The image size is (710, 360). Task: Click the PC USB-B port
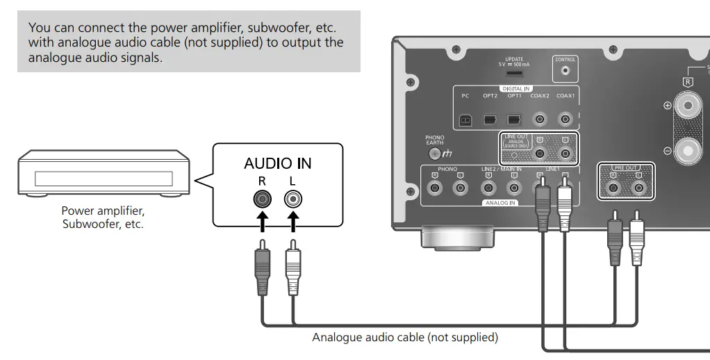click(465, 119)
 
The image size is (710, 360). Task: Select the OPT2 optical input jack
click(490, 119)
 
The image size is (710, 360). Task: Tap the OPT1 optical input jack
click(514, 119)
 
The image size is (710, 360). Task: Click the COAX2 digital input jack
click(539, 119)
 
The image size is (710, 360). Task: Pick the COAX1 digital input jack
click(565, 119)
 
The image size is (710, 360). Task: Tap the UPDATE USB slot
click(515, 73)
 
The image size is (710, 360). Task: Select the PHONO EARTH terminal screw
click(436, 152)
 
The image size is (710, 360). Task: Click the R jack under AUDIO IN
click(263, 200)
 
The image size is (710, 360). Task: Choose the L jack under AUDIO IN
click(293, 200)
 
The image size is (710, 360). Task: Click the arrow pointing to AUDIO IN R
click(263, 224)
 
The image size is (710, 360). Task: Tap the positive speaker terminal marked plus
click(688, 106)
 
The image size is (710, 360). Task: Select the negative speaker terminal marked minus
click(688, 149)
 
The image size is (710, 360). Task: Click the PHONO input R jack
click(435, 188)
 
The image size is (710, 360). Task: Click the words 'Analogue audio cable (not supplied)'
click(405, 338)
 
